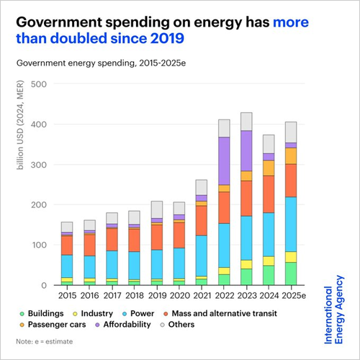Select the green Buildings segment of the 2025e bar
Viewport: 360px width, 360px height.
pos(290,274)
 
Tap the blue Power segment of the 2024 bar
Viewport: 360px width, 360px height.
pos(269,234)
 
